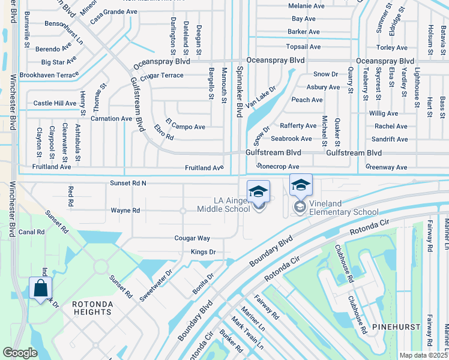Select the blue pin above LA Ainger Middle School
[x=258, y=192]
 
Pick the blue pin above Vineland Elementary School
[x=301, y=185]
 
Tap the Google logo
[x=20, y=353]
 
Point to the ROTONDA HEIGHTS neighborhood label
[x=92, y=308]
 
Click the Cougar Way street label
[x=192, y=238]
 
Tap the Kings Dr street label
[x=203, y=252]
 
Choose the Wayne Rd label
[x=125, y=211]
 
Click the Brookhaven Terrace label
[x=49, y=75]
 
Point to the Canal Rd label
[x=32, y=232]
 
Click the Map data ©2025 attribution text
[x=423, y=355]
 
